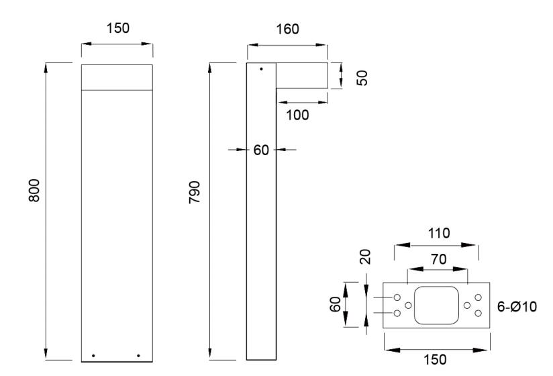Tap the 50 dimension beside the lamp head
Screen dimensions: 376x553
362,76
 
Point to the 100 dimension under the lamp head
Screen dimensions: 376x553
297,115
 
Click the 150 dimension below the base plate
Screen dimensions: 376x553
436,359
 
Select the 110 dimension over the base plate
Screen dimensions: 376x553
436,233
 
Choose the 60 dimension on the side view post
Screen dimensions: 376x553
261,149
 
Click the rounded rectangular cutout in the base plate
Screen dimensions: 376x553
438,305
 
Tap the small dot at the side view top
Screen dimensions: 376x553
262,69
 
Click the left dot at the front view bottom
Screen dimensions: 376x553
93,355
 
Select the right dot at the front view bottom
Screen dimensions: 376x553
138,355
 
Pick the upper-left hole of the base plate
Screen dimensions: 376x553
397,297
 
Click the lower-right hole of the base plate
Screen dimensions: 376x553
478,313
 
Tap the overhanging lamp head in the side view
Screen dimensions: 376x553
302,76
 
